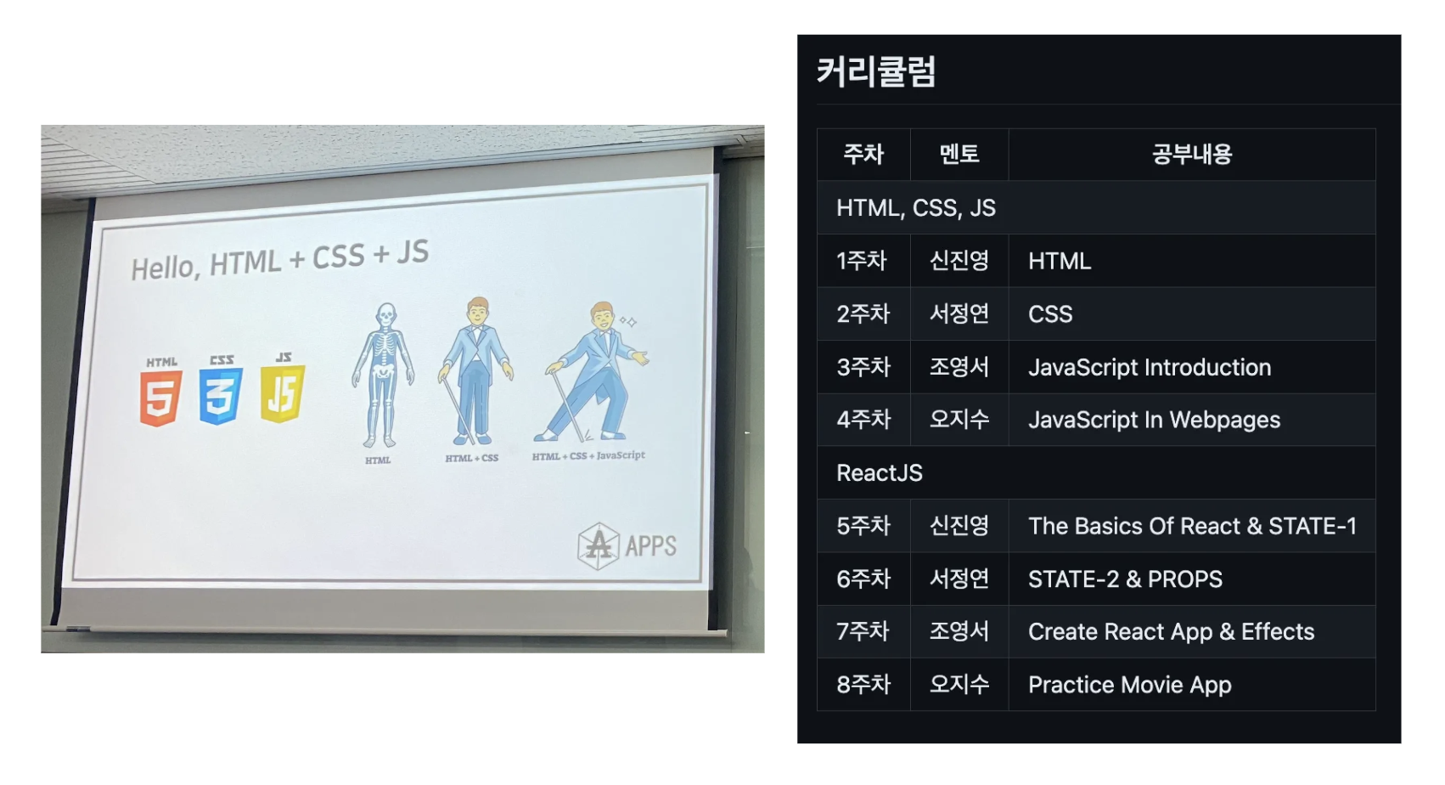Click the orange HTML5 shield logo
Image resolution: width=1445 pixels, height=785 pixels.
(x=160, y=398)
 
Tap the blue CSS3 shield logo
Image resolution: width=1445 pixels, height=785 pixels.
(x=221, y=395)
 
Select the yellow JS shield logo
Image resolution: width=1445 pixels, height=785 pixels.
(x=283, y=392)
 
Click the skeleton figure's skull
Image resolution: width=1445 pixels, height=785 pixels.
(x=385, y=316)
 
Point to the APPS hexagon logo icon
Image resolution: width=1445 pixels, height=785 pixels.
(x=598, y=546)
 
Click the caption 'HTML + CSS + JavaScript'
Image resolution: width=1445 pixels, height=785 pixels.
(x=588, y=455)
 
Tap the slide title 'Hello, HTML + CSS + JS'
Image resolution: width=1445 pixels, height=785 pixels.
(x=279, y=260)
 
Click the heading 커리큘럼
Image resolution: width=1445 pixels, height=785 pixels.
(x=876, y=71)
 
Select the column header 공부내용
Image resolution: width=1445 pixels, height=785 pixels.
(x=1191, y=155)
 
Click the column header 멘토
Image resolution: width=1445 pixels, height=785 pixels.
(x=959, y=155)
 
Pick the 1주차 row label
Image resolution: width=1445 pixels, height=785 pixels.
(x=862, y=261)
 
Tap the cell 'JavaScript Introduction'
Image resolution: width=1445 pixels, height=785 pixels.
(x=1150, y=367)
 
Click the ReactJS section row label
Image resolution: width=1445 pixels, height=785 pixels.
(x=880, y=473)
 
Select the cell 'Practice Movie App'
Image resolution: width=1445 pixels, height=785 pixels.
(x=1129, y=685)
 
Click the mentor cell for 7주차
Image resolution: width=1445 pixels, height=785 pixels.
(x=959, y=631)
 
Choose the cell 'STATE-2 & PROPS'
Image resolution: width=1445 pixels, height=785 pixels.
(x=1125, y=579)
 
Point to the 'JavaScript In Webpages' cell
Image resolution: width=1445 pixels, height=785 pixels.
(x=1154, y=421)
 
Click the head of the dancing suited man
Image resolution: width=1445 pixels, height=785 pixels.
(x=602, y=316)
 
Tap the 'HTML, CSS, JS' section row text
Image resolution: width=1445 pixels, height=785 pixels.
(x=916, y=208)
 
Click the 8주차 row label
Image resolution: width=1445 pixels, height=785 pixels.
(x=863, y=685)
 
